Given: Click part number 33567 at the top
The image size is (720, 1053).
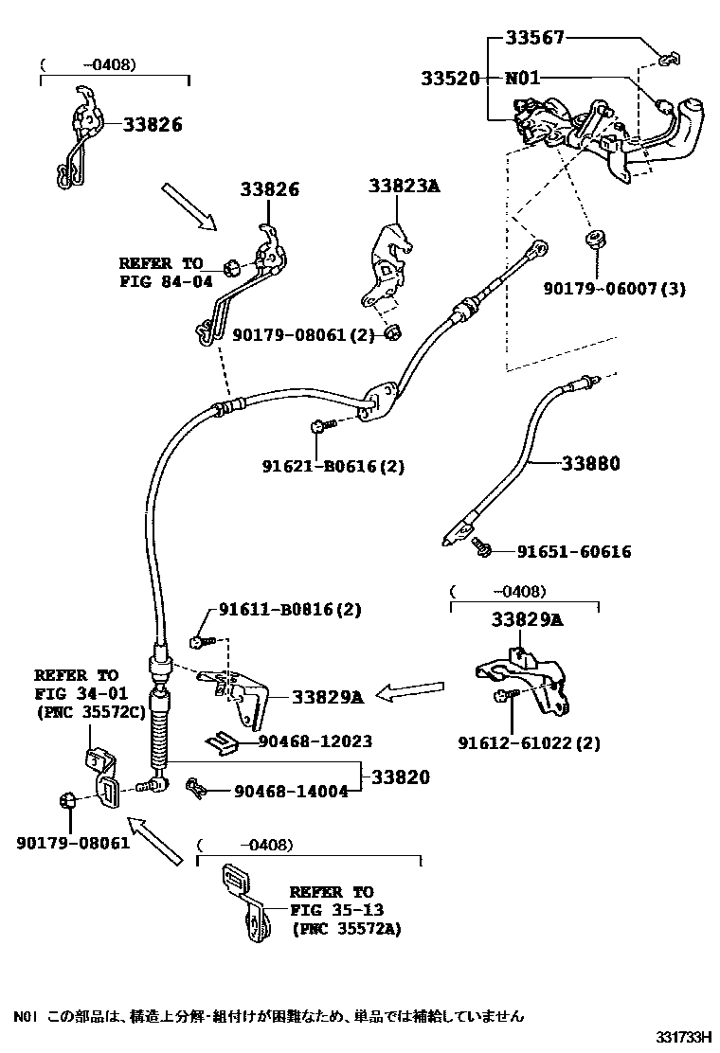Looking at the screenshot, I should (534, 38).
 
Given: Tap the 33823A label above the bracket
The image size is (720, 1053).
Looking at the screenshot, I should (405, 187).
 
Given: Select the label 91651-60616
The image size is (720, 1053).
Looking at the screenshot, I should (574, 551).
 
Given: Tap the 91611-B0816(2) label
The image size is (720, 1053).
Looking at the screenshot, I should (290, 610).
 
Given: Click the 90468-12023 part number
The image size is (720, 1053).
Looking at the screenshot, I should (315, 741).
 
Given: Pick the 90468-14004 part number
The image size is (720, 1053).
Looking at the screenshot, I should (290, 790).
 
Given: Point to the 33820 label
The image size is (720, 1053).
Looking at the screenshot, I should (400, 777).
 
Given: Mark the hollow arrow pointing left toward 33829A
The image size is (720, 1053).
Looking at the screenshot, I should (409, 693).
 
